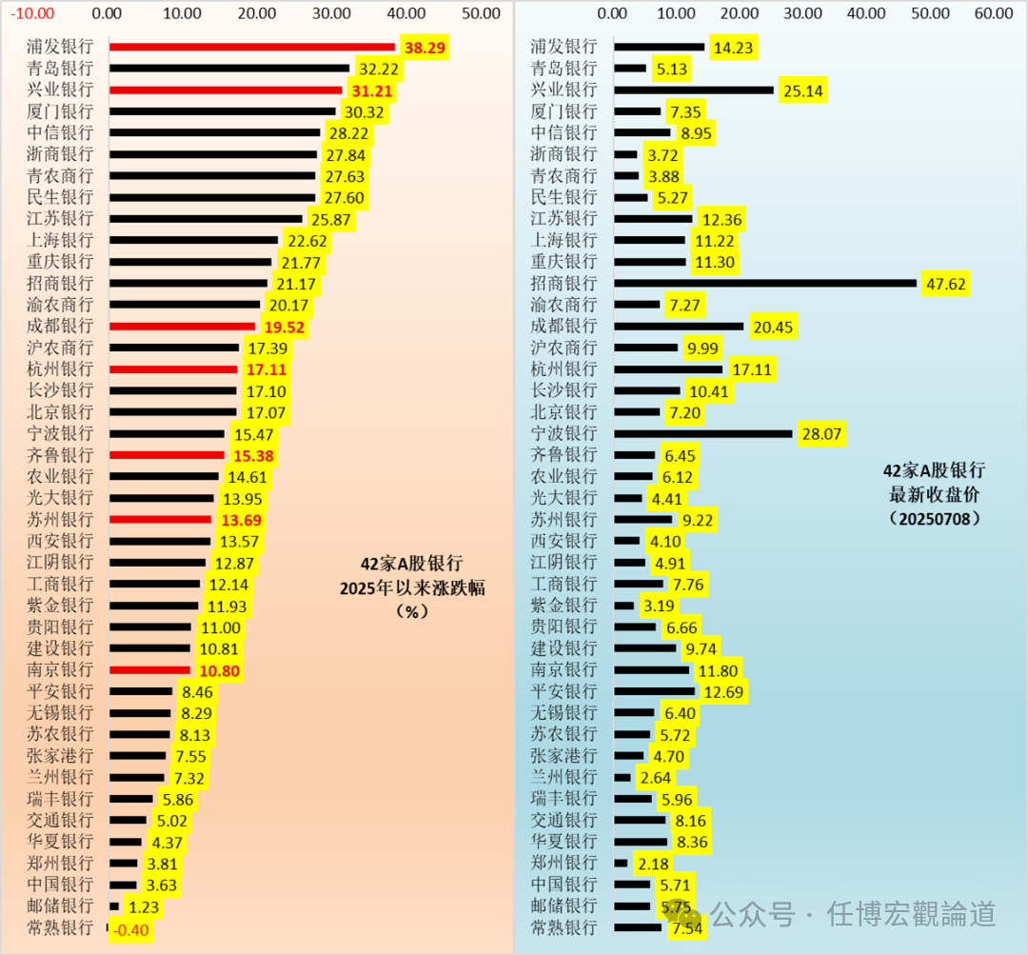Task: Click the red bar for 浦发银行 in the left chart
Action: [x=252, y=47]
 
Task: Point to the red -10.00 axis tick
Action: [x=33, y=13]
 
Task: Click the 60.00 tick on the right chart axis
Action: [x=993, y=13]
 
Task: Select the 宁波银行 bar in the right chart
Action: [x=702, y=433]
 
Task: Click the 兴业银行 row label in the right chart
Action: [x=563, y=90]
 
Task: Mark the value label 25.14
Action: [x=801, y=90]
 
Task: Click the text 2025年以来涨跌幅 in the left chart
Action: [x=412, y=587]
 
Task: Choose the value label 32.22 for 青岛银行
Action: [x=378, y=69]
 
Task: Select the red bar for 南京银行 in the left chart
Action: [x=149, y=670]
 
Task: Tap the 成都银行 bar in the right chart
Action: [x=679, y=327]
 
